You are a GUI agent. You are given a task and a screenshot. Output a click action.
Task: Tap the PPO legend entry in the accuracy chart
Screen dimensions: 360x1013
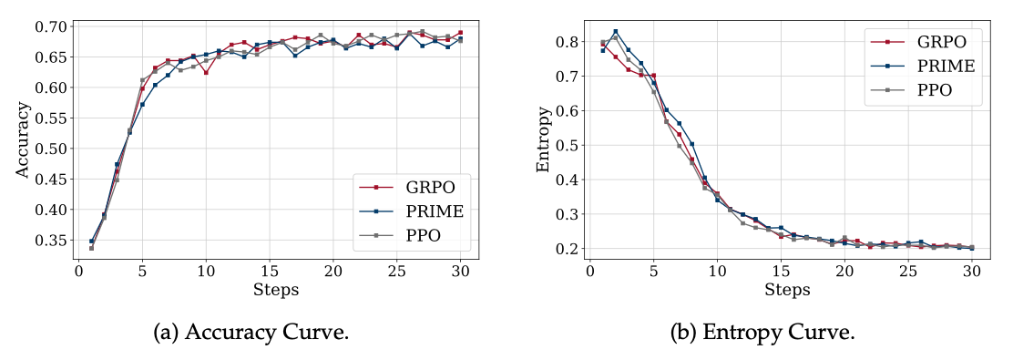click(425, 236)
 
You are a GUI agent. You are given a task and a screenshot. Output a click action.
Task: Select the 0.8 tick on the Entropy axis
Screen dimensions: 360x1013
click(569, 42)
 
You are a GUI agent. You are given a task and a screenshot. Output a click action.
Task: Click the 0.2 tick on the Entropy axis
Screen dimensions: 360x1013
click(569, 249)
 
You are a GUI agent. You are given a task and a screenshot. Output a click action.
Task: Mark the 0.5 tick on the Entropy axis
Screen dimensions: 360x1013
click(569, 145)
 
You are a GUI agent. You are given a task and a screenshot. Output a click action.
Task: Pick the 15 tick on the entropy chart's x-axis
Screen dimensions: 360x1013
click(781, 271)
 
